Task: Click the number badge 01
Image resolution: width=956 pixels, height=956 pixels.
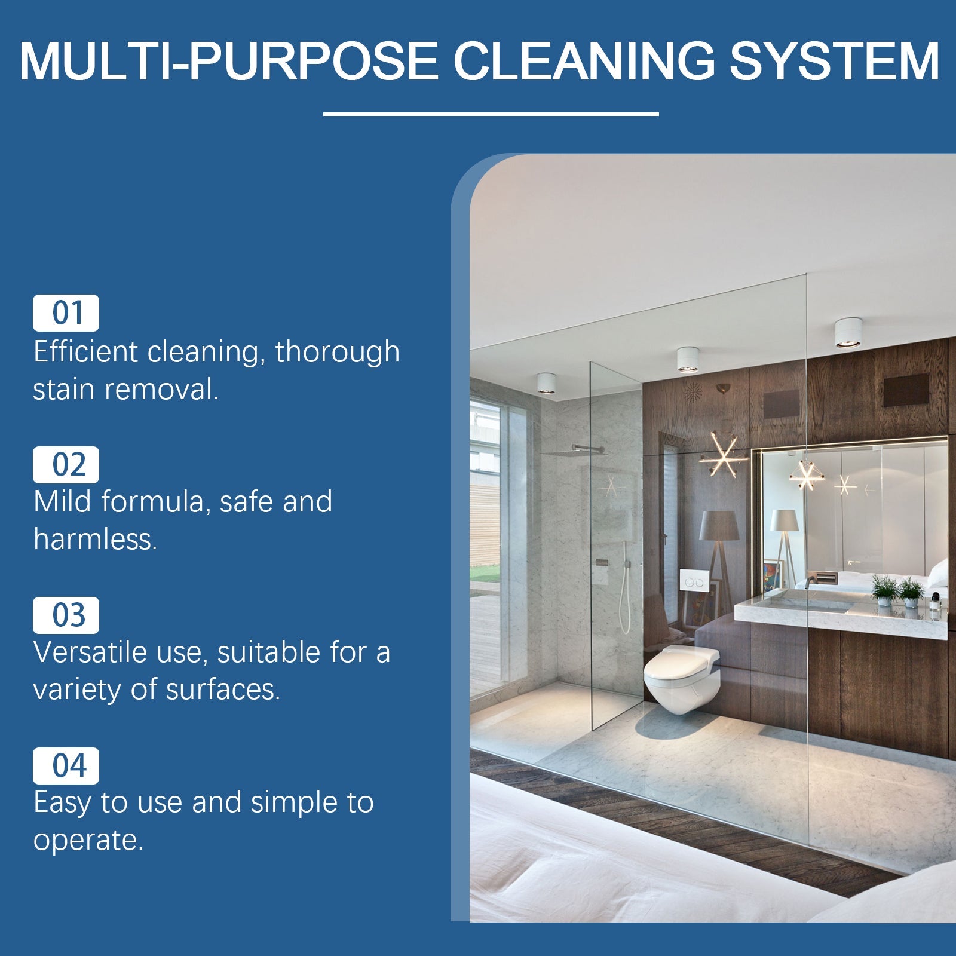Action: pos(66,313)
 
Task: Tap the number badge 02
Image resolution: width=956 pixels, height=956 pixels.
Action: pos(66,464)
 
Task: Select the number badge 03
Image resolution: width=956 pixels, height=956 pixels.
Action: pos(66,615)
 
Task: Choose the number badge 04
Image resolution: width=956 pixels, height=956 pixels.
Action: pos(66,765)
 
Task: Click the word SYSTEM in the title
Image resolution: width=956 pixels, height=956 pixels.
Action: pos(835,61)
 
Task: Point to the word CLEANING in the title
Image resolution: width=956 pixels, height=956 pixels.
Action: pos(584,61)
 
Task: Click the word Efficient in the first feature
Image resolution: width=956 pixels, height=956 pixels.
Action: pos(85,351)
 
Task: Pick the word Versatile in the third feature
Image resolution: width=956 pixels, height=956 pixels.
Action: pos(90,652)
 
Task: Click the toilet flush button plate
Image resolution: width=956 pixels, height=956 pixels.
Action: pos(694,581)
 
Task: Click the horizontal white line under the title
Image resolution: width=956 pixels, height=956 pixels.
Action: pos(491,114)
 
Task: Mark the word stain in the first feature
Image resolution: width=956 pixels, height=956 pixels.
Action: pos(64,390)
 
